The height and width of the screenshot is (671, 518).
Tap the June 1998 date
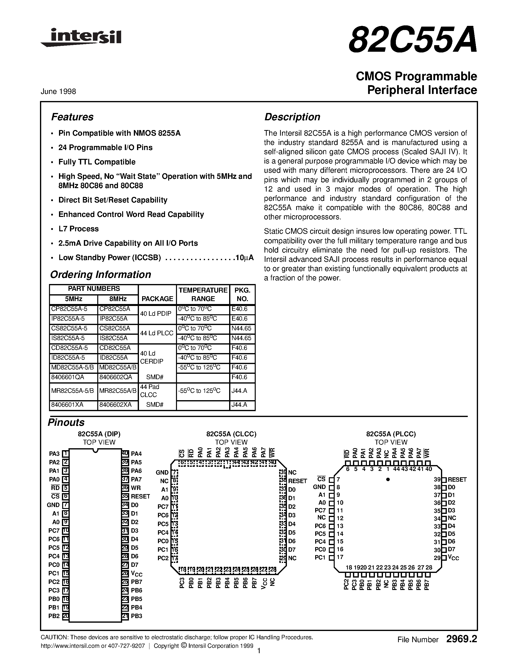pos(58,91)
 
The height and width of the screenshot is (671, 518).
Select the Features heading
pos(72,117)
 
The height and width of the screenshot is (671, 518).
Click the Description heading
pos(292,117)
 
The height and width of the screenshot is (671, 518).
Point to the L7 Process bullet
pos(78,229)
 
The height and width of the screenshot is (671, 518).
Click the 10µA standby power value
pos(244,258)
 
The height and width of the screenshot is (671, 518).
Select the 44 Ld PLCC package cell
pos(157,333)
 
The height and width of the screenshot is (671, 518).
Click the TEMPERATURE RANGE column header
pos(203,294)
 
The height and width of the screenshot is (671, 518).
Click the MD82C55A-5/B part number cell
pos(73,367)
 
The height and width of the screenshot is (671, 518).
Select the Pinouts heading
pos(66,422)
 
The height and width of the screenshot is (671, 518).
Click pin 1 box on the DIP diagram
pos(65,454)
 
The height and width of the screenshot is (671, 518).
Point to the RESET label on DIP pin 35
pos(140,497)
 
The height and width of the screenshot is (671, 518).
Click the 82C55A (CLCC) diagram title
pos(231,434)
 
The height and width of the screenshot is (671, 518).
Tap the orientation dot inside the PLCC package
pos(388,479)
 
